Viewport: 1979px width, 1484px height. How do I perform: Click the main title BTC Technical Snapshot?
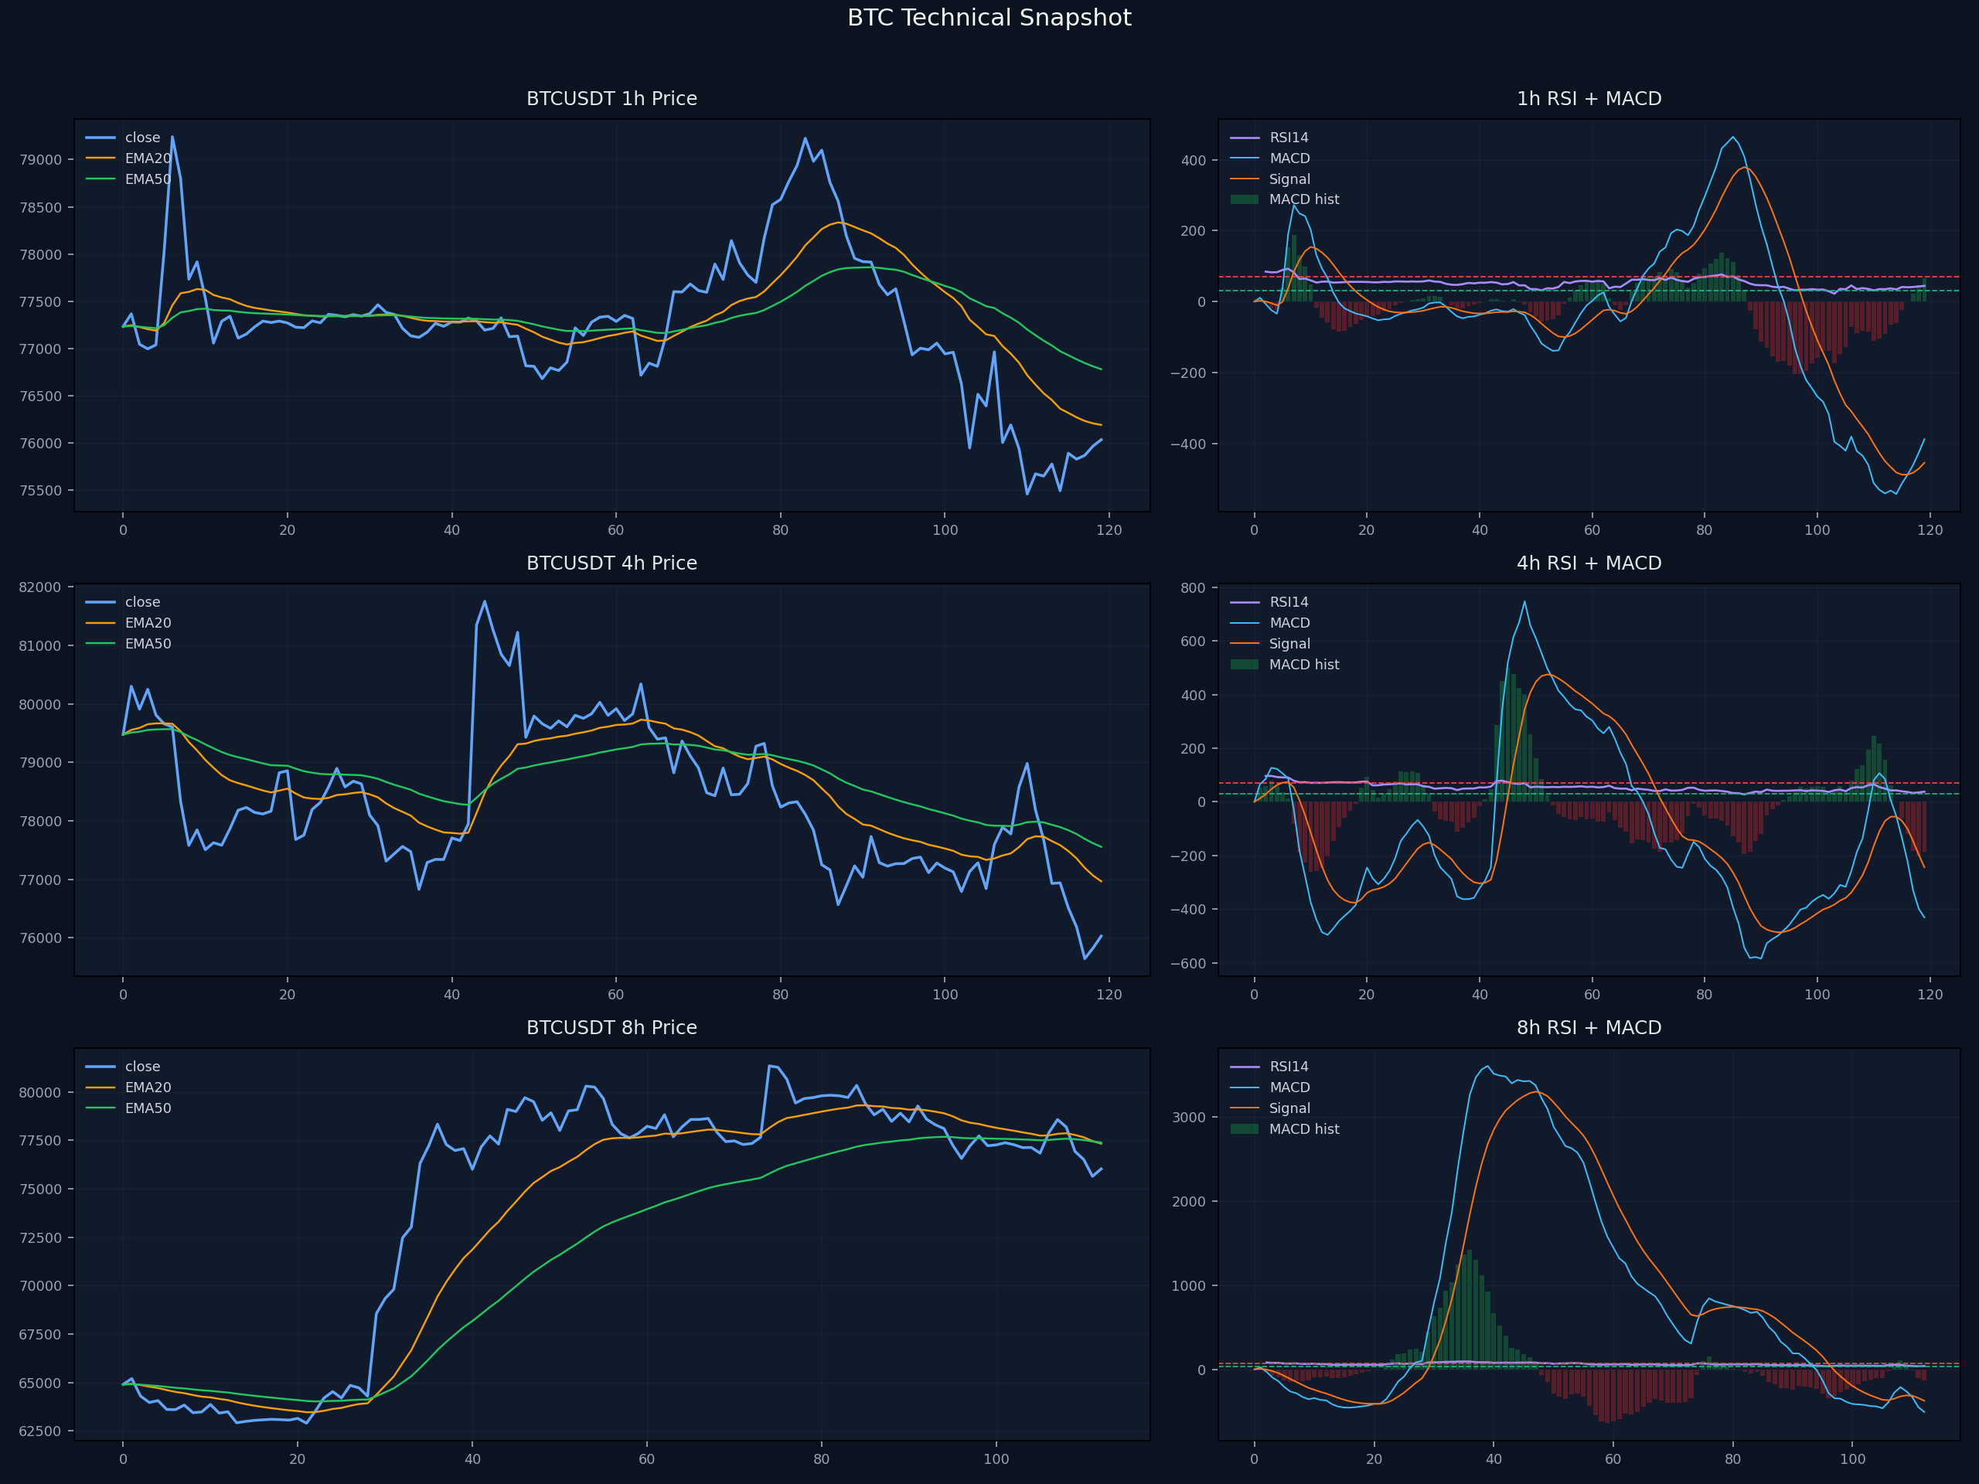pos(989,18)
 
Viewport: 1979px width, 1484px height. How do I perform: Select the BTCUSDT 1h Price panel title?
pos(612,98)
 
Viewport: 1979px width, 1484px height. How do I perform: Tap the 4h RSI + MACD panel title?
pos(1589,563)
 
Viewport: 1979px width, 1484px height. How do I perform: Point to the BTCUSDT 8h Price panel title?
pos(612,1027)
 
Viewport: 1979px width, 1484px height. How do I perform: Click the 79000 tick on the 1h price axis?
pos(40,160)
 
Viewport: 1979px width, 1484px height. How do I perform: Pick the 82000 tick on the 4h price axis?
pos(40,587)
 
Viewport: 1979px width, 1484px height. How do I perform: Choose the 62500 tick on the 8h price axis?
pos(40,1431)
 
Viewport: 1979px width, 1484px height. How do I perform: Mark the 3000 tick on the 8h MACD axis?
pos(1189,1117)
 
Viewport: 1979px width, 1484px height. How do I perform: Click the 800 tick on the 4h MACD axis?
pos(1194,587)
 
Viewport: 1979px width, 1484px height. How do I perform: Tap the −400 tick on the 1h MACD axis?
pos(1188,444)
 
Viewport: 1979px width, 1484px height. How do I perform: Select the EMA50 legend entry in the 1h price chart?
pos(129,179)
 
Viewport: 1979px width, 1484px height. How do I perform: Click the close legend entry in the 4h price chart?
pos(124,602)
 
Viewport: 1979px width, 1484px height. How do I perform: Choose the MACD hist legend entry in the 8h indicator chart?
pos(1285,1129)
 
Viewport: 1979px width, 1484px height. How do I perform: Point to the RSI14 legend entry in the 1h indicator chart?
pos(1269,138)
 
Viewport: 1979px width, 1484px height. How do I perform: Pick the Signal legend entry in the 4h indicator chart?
pos(1270,644)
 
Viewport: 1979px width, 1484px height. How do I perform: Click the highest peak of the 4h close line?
pos(485,601)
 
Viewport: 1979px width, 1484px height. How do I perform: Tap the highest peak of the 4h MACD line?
pos(1524,601)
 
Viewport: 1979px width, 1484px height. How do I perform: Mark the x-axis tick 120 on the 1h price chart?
pos(1109,530)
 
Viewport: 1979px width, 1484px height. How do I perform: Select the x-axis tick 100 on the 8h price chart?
pos(996,1459)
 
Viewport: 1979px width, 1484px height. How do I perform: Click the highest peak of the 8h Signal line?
pos(1537,1091)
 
